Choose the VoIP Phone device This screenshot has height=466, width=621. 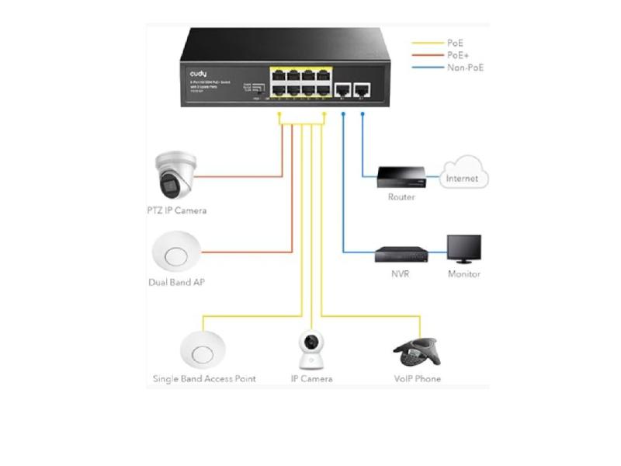(x=418, y=353)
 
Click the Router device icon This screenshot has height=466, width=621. (x=401, y=177)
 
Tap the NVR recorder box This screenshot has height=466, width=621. (x=401, y=254)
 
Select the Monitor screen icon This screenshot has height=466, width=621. (x=463, y=250)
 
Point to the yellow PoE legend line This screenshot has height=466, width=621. (x=425, y=43)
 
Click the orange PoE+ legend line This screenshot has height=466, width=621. (x=425, y=56)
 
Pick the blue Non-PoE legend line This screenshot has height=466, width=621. (x=425, y=68)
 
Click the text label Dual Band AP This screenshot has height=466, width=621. (x=176, y=283)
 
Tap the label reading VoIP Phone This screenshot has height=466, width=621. (x=417, y=379)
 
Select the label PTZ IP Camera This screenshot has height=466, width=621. (x=176, y=210)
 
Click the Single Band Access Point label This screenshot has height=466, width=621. (x=204, y=379)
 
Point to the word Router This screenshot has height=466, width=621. (x=401, y=197)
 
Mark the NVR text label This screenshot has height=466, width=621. (x=401, y=274)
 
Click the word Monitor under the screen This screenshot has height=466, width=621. (x=464, y=274)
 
